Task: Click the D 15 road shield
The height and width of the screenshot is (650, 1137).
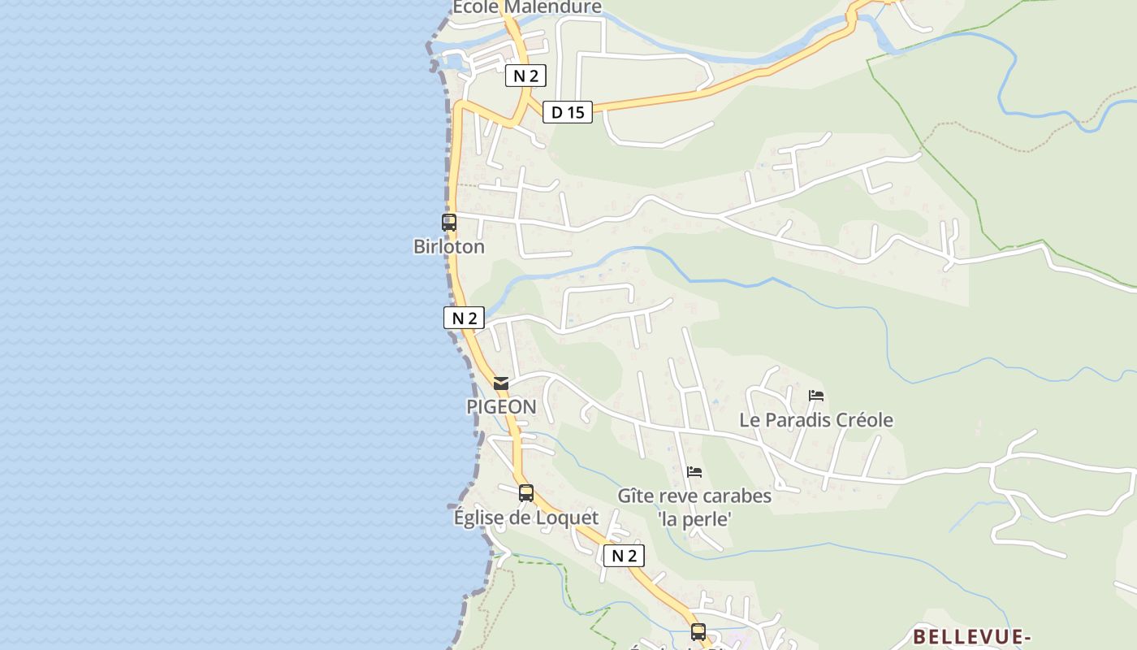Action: pos(568,112)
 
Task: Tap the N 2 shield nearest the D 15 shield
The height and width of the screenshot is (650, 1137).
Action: pos(525,76)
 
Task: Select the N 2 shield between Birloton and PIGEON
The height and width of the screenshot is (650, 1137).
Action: pos(464,318)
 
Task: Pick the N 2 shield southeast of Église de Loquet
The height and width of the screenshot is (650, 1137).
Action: pos(624,556)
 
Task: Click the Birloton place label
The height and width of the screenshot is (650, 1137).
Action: pos(448,246)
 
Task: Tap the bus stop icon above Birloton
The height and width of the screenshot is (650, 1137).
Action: pos(449,222)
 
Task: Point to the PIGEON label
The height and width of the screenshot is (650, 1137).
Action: pos(501,406)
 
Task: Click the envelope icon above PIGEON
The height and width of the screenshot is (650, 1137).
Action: pos(501,383)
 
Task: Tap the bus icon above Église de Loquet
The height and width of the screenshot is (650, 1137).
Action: pos(526,492)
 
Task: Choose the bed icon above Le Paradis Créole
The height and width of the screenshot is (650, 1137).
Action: pos(816,396)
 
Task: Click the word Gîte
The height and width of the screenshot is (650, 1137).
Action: pos(636,496)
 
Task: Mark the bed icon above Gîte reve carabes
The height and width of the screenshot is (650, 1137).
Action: pos(694,471)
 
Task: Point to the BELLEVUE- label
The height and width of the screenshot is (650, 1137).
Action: pos(971,636)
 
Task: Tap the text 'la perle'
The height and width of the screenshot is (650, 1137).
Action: pos(694,518)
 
